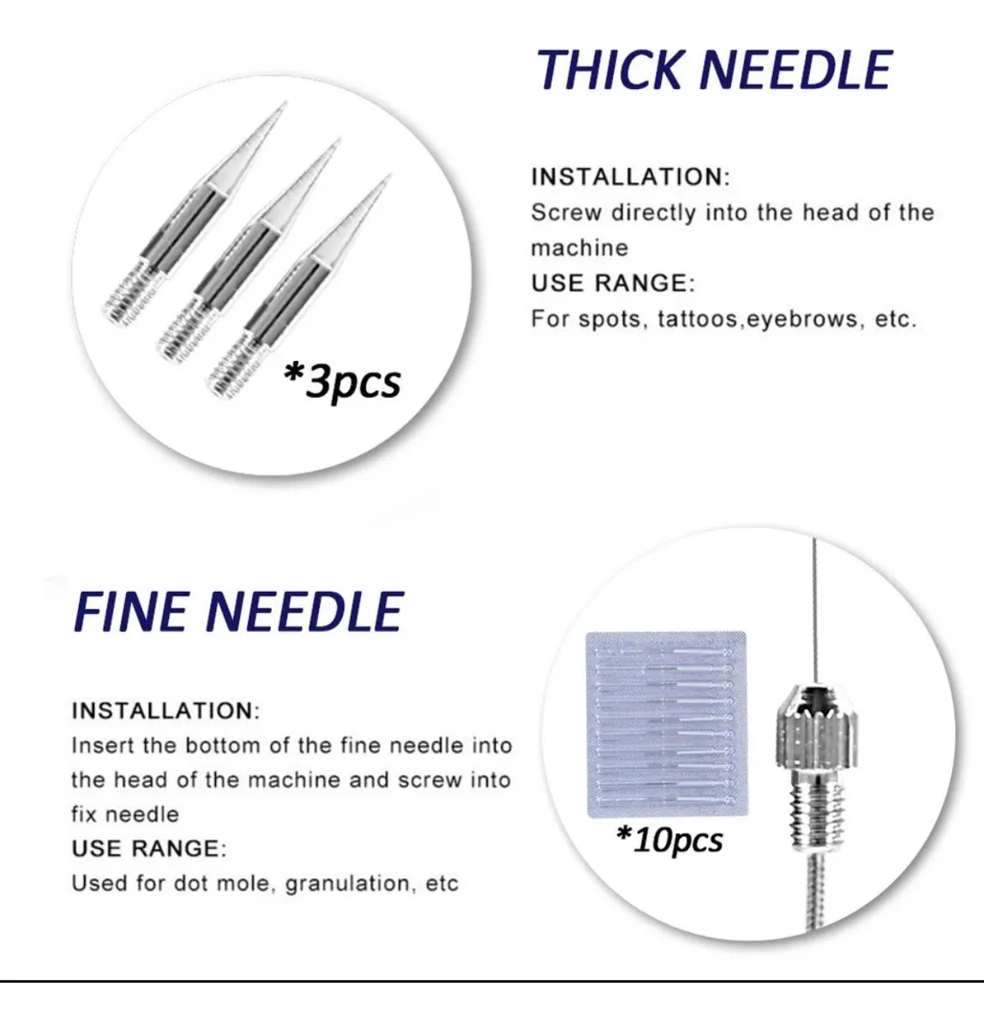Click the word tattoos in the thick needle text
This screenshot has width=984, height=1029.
(696, 320)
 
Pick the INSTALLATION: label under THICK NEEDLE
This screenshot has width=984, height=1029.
(630, 177)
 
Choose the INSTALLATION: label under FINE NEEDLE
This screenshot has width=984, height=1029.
(165, 711)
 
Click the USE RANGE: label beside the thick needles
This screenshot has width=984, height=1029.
(613, 283)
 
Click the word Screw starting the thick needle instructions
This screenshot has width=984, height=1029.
(566, 213)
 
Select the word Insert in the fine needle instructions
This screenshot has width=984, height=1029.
(102, 745)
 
